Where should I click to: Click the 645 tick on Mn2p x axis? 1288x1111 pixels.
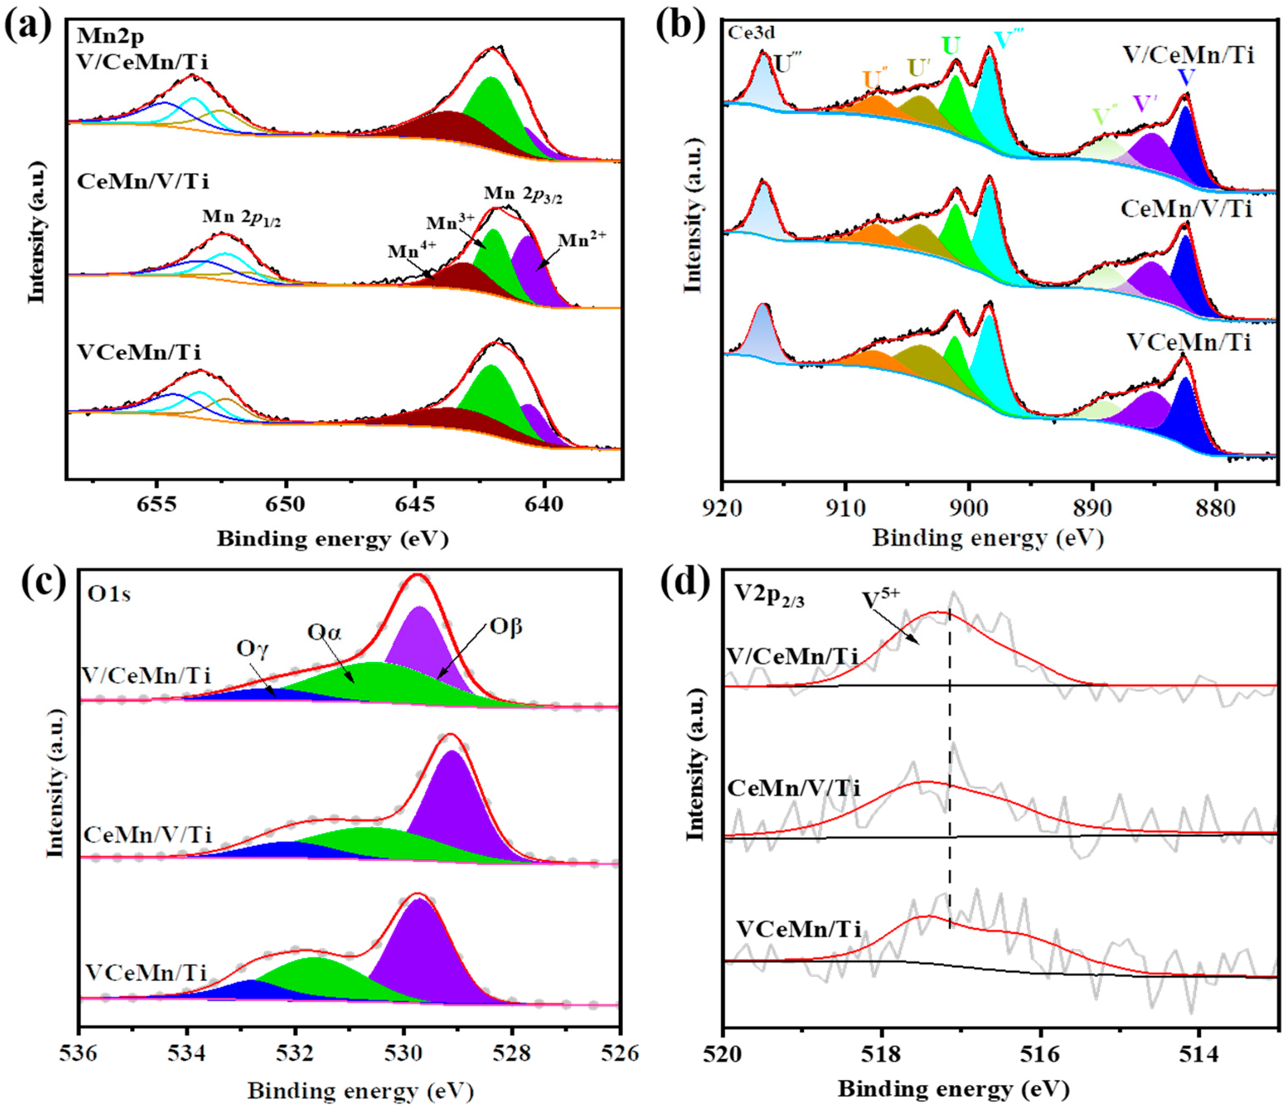415,504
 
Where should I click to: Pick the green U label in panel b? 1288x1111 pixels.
951,46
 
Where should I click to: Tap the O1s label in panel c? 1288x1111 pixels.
109,595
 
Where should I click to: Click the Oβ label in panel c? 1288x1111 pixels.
506,627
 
